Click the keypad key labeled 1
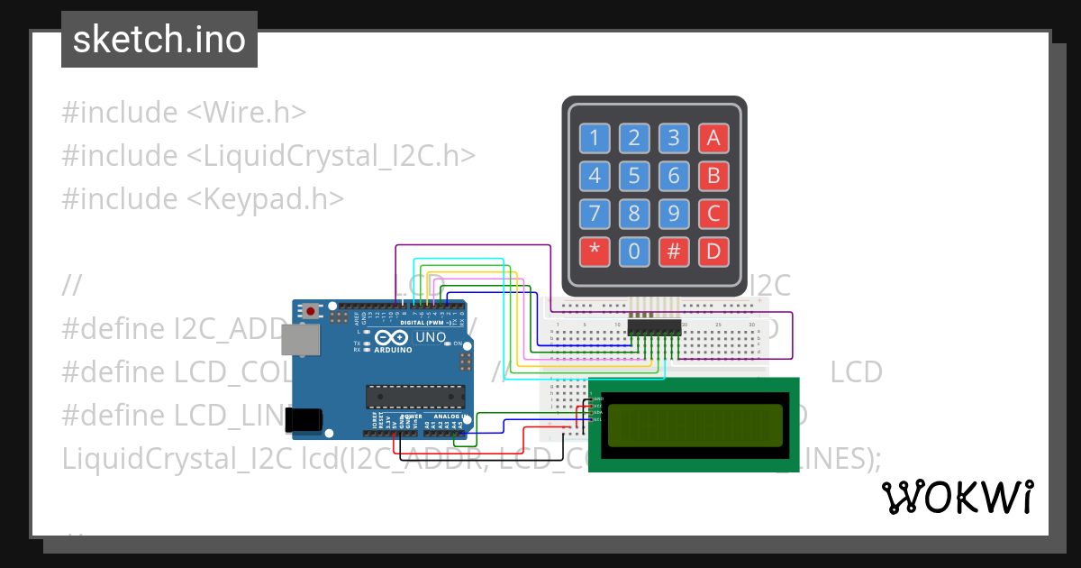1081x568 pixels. click(x=595, y=138)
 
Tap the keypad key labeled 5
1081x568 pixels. click(x=634, y=176)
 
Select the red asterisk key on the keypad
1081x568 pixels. click(x=595, y=252)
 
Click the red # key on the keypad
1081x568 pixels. click(x=674, y=252)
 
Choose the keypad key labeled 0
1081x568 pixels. click(x=634, y=252)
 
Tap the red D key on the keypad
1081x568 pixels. click(x=713, y=252)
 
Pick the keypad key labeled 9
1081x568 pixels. click(x=674, y=214)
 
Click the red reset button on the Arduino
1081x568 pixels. click(x=311, y=311)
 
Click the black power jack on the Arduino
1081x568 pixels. click(x=303, y=419)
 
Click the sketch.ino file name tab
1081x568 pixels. click(x=159, y=40)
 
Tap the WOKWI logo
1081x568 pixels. click(x=958, y=497)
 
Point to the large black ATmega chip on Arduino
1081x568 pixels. click(x=415, y=397)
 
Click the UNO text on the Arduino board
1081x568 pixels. click(x=431, y=337)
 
